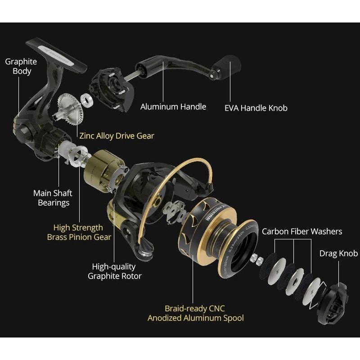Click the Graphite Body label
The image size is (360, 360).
tap(21, 66)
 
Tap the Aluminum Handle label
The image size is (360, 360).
tap(173, 107)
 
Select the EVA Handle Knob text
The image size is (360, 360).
tap(256, 108)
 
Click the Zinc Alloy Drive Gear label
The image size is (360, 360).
tap(117, 135)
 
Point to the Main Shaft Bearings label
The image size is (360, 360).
tap(53, 198)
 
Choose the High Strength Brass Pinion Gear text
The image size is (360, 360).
tap(79, 232)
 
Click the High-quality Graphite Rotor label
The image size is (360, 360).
tap(114, 271)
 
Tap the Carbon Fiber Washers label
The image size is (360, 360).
tap(302, 231)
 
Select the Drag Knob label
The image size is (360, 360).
tap(338, 253)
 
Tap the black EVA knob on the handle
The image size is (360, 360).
tap(229, 69)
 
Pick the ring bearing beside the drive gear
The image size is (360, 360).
tap(87, 99)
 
